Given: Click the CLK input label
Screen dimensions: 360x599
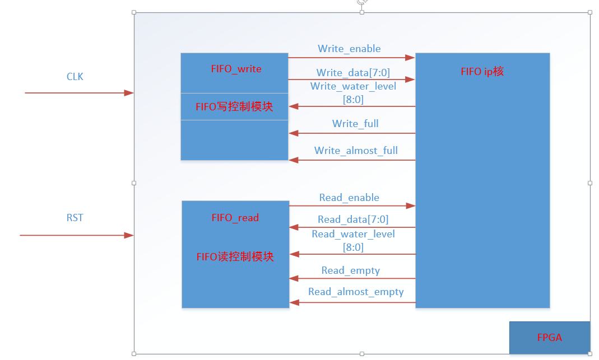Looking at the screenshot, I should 75,77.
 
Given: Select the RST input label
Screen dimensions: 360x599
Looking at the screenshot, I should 75,218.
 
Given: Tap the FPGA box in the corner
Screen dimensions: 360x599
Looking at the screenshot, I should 549,338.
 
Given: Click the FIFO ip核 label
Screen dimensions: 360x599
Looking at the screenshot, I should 482,72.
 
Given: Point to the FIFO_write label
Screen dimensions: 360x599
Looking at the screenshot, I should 236,69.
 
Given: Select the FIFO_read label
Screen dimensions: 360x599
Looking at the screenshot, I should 235,218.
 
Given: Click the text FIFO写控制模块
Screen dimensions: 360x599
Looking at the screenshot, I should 234,107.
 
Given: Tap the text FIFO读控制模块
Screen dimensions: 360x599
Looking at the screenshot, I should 235,257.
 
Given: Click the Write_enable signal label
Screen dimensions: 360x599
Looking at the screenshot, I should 349,49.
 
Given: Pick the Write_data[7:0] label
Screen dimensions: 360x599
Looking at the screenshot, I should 352,73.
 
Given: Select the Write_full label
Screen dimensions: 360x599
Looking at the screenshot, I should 355,124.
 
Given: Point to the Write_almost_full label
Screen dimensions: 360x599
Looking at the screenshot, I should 356,151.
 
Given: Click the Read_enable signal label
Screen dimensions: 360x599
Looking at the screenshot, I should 349,198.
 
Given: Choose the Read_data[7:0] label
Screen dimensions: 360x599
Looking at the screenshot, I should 352,219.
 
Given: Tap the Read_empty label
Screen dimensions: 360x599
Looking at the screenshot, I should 350,271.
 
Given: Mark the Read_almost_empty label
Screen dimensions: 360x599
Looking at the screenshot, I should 356,292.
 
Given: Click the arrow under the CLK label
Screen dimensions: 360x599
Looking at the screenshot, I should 78,93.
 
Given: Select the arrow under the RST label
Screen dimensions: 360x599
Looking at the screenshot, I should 76,235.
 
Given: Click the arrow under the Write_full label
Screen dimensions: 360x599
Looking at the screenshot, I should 352,133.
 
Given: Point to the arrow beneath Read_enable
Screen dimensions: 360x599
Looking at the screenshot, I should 352,206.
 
